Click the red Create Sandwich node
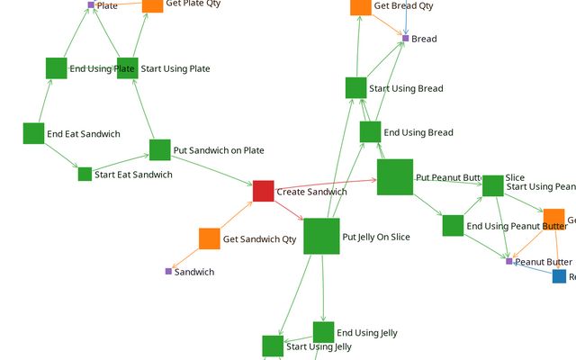[263, 191]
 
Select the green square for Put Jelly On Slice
[321, 236]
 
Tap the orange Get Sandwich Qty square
[209, 238]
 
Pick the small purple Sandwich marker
[168, 271]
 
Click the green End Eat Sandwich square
[33, 133]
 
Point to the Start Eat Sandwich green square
[85, 174]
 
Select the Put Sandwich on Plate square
[159, 149]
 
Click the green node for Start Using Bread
[355, 87]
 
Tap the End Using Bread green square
[370, 131]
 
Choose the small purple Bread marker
[405, 39]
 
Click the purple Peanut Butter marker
[508, 261]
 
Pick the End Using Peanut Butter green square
[453, 225]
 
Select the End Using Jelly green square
[323, 332]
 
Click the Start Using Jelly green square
[273, 346]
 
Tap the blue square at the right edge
[560, 276]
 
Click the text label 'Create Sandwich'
[311, 192]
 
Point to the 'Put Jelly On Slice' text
[375, 237]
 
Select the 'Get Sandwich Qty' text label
[259, 239]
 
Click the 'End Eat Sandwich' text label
[83, 134]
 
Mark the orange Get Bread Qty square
[360, 5]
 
